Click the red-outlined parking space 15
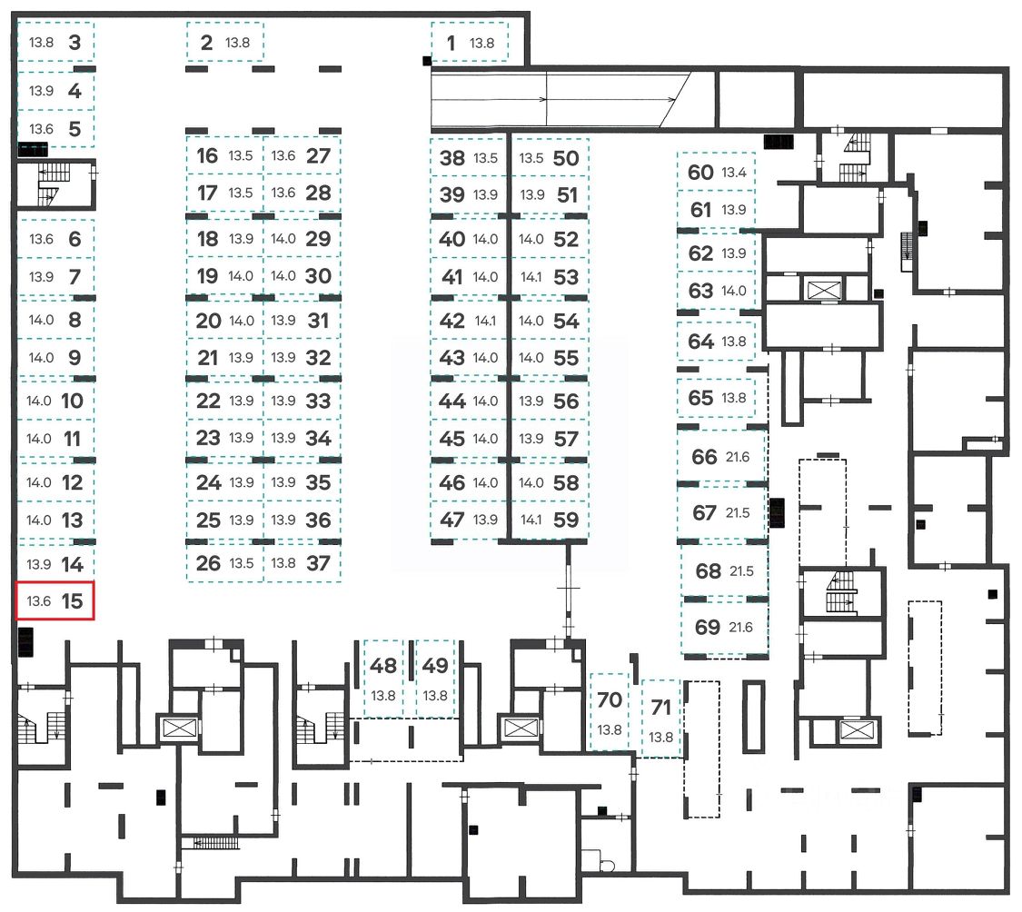point(55,600)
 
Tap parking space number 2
point(224,42)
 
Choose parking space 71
point(661,718)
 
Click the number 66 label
point(704,457)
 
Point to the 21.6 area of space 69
point(740,628)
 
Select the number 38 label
point(452,158)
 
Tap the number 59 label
point(566,520)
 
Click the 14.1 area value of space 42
point(486,321)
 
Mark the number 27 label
point(318,155)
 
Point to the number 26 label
point(209,563)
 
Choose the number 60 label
point(700,173)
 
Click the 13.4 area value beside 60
point(734,173)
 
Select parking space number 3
point(55,42)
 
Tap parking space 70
point(610,711)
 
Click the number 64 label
point(701,342)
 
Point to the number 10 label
point(73,401)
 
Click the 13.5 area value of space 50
point(531,158)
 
